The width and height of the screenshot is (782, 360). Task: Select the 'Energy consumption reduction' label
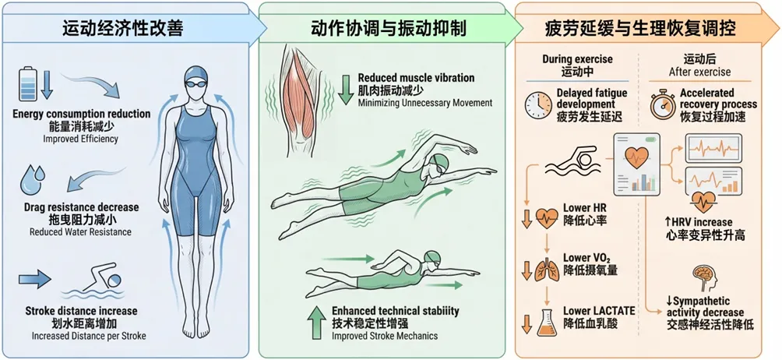tap(82, 114)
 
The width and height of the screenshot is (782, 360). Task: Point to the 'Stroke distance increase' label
tap(82, 311)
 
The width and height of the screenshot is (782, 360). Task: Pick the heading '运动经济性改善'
tap(124, 29)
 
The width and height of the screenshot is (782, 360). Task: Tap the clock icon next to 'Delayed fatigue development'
tap(538, 104)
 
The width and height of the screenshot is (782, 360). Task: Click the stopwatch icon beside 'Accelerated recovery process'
tap(664, 104)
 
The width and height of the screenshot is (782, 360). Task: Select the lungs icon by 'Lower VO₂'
tap(547, 268)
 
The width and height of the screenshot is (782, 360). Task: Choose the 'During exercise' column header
tap(578, 59)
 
